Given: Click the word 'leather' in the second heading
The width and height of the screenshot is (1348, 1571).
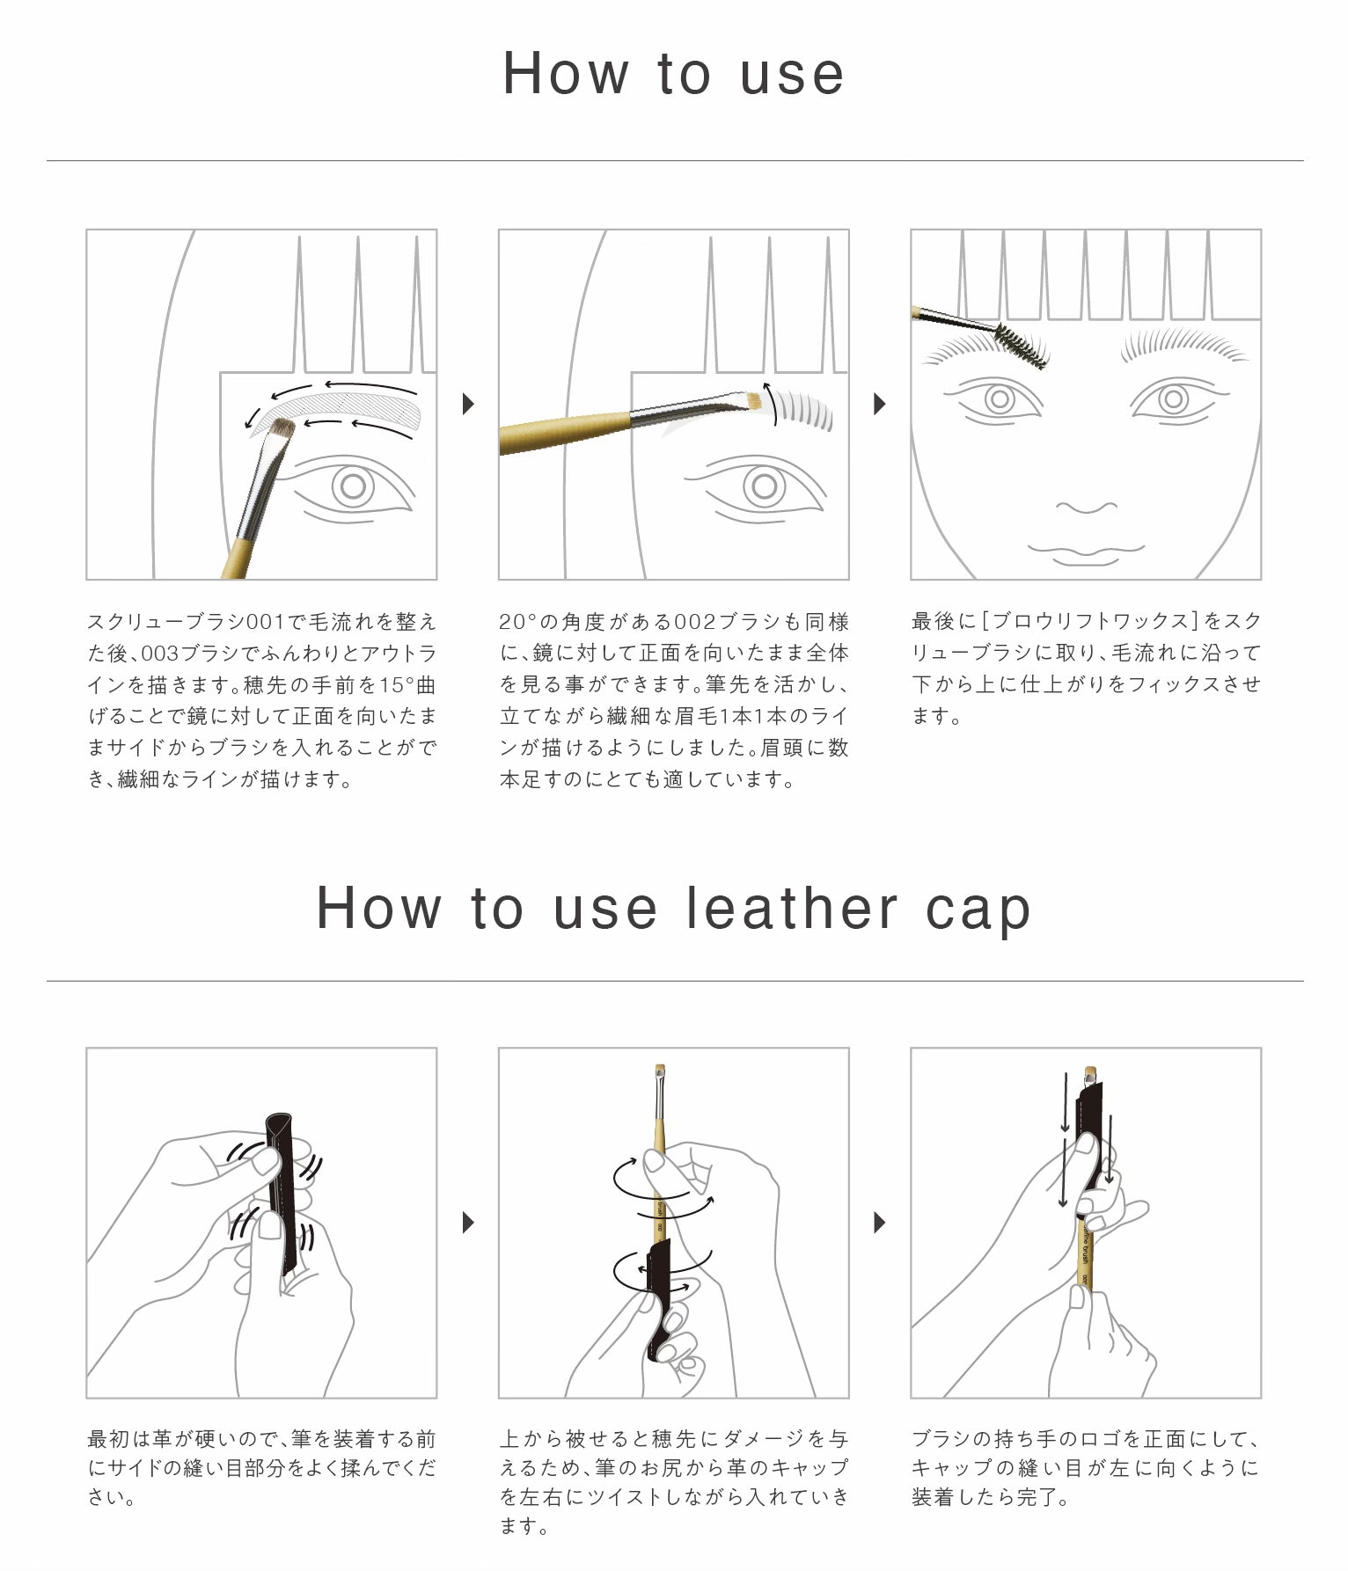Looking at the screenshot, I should click(x=791, y=908).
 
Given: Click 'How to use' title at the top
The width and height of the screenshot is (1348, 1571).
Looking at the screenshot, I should click(x=673, y=73).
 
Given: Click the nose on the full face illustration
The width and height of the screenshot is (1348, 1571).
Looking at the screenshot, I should click(x=1086, y=508).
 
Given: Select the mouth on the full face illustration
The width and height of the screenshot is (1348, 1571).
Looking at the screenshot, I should click(x=1086, y=551).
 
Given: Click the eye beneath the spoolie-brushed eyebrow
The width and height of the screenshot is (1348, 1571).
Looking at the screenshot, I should click(x=999, y=400).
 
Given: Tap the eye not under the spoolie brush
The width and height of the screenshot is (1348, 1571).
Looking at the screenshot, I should click(x=1173, y=400).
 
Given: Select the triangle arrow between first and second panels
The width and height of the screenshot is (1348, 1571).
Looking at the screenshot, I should click(x=468, y=404).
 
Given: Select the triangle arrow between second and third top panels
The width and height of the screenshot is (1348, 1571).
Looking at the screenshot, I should click(x=879, y=404).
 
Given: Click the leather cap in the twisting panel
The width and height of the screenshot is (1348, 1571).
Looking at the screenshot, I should click(x=658, y=1311).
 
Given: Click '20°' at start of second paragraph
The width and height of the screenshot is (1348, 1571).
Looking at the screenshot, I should click(x=518, y=622).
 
